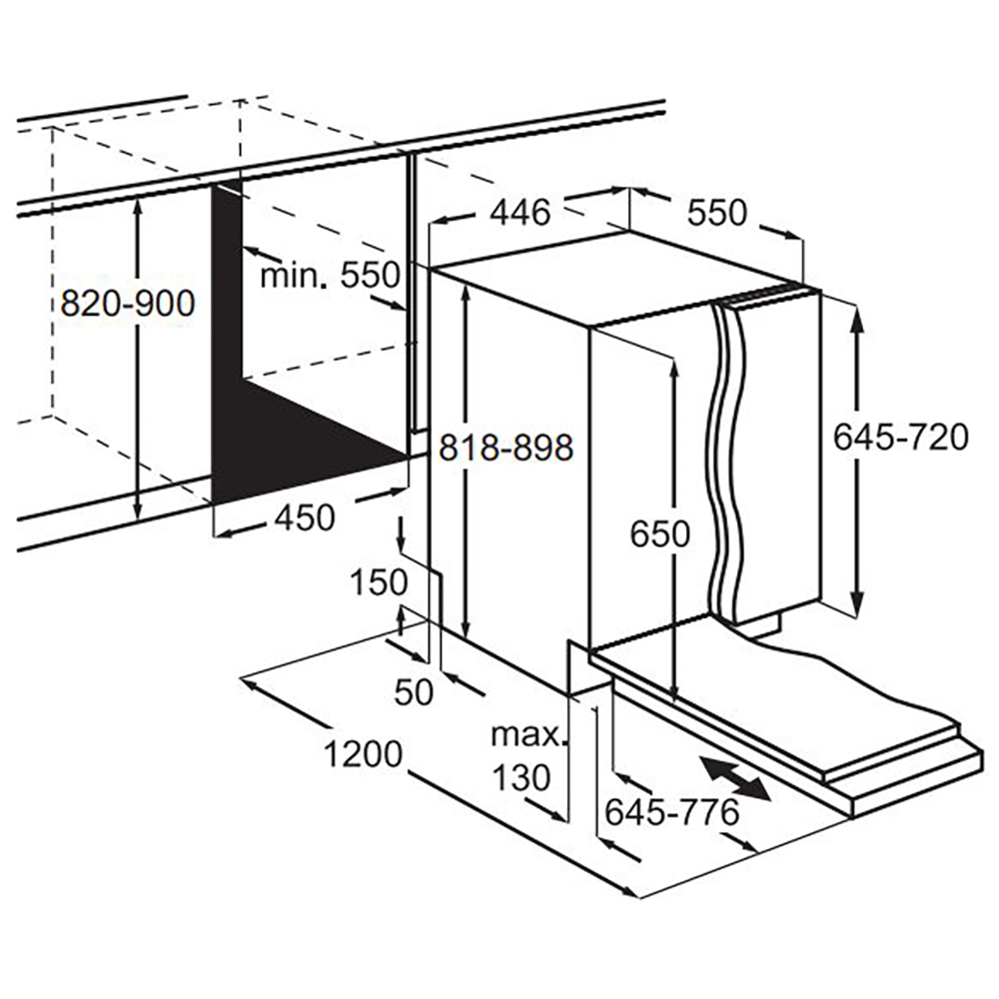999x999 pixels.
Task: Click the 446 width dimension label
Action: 519,213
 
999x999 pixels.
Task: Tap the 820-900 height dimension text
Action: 127,302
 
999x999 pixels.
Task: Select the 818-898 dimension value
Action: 507,449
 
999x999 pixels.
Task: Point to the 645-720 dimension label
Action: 901,437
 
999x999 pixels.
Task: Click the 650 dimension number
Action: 659,535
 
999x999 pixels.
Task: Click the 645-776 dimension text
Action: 671,812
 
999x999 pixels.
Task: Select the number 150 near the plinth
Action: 379,581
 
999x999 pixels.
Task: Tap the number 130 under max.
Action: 519,776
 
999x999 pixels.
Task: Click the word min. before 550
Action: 295,275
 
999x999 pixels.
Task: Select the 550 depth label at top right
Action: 716,213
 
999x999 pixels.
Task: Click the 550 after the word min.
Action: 370,275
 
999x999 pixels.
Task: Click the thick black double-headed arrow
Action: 735,778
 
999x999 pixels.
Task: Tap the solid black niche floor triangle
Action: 300,440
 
